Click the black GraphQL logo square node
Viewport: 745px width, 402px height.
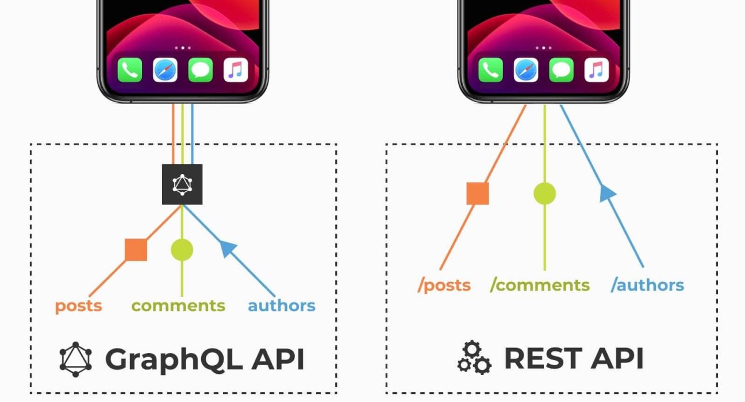182,184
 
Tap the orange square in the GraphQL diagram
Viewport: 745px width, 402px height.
136,250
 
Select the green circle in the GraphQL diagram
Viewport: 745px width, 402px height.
182,250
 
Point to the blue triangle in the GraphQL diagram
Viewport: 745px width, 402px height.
228,248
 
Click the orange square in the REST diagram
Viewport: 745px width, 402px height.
478,194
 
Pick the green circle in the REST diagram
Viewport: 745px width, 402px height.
544,194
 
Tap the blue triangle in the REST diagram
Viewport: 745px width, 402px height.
608,192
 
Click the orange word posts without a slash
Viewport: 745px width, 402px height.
78,306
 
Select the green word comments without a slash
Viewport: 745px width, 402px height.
178,306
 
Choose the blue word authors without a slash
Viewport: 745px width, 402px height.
282,306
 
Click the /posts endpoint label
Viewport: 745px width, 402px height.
444,285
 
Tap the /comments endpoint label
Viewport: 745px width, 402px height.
540,285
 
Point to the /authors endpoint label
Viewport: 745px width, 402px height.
647,285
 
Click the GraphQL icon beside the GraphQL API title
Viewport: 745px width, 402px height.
75,360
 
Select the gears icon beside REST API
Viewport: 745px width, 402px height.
474,358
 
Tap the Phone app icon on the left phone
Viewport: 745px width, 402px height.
130,70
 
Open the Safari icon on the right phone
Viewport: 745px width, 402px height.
526,70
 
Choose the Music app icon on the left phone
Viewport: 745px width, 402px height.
236,70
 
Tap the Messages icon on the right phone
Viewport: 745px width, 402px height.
561,70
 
